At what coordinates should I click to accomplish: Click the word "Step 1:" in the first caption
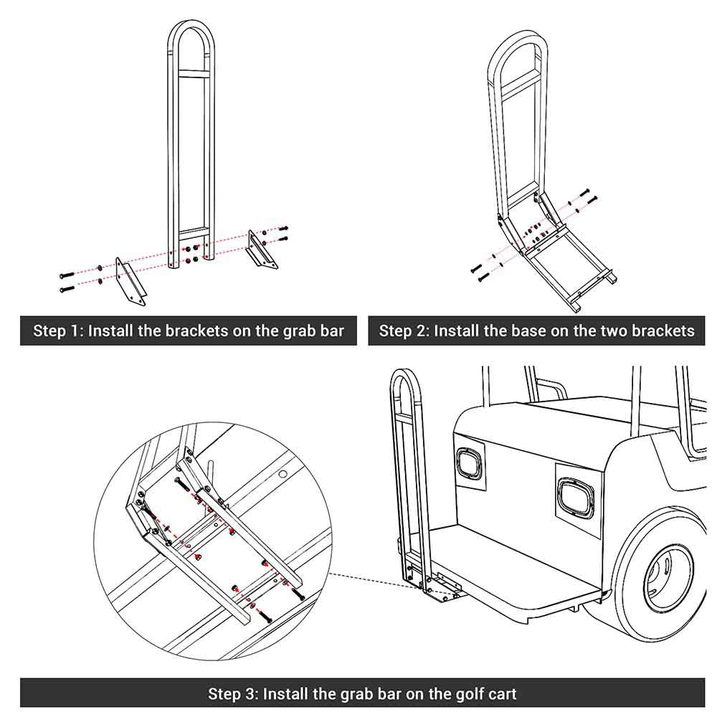tap(58, 331)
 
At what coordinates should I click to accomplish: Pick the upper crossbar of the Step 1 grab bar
tap(191, 73)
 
